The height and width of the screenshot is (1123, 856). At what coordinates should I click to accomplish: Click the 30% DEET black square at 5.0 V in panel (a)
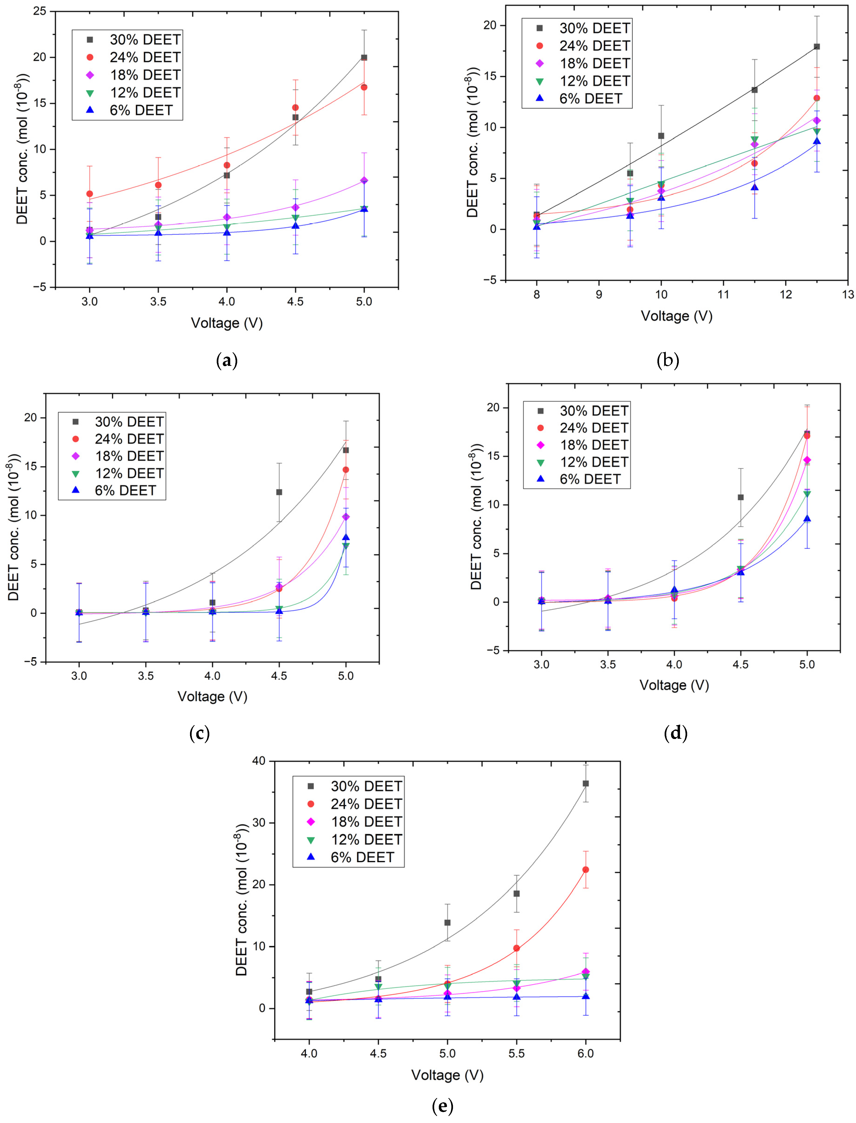click(364, 58)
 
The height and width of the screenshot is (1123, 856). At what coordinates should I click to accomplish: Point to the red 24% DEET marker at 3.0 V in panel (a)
click(90, 194)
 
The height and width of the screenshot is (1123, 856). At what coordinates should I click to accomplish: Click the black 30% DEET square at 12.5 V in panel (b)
click(817, 47)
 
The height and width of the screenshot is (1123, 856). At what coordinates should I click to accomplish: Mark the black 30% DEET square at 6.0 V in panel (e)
click(586, 783)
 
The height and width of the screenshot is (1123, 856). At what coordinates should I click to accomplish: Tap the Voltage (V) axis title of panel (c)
click(213, 696)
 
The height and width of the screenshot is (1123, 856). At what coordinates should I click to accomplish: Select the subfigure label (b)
click(668, 361)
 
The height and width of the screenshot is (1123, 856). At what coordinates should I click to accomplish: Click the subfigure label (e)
click(442, 1106)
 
